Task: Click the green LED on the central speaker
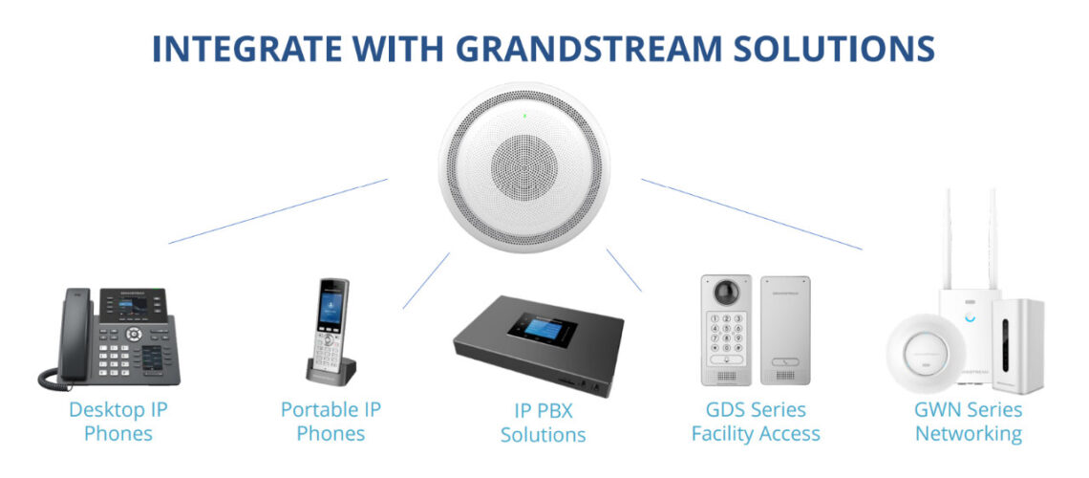point(525,116)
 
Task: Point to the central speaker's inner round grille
point(524,165)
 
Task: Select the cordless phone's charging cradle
point(331,371)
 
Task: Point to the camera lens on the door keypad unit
point(726,292)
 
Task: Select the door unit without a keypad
point(785,330)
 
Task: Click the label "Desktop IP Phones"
point(118,422)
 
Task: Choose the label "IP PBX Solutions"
point(544,424)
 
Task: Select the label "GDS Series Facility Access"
point(756,422)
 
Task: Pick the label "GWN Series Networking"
point(968,422)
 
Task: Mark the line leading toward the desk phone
point(278,211)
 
